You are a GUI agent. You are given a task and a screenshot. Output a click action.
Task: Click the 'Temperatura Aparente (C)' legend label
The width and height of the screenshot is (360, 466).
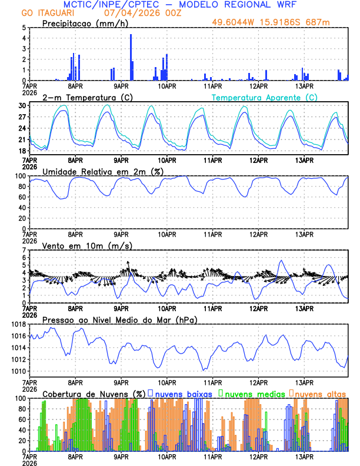(264, 97)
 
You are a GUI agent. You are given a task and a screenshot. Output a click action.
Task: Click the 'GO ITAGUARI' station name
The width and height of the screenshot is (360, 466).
(49, 13)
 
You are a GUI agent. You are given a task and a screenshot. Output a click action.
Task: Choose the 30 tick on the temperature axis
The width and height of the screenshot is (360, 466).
(21, 105)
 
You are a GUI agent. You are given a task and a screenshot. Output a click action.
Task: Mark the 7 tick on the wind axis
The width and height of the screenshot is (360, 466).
(24, 250)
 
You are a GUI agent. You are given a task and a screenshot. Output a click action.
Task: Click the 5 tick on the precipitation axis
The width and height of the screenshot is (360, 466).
(24, 28)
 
